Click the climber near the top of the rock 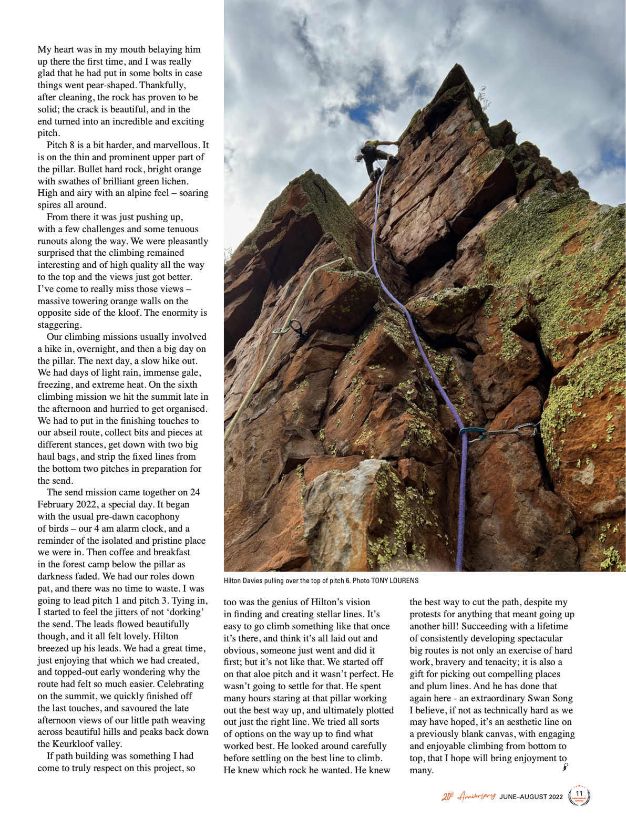click(376, 155)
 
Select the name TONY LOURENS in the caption click(395, 580)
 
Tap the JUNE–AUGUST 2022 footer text click(531, 797)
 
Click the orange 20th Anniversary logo click(468, 796)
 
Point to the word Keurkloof click(71, 744)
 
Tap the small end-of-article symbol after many click(565, 767)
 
